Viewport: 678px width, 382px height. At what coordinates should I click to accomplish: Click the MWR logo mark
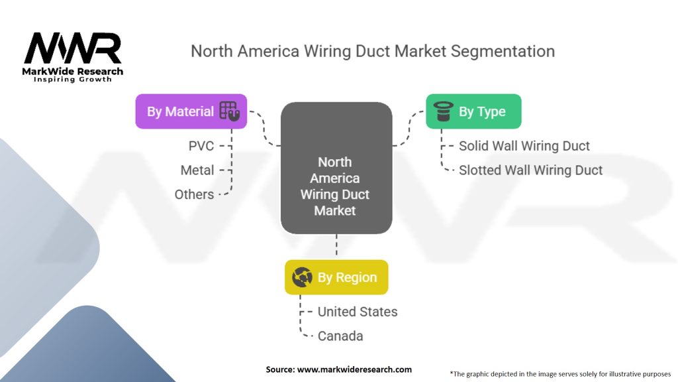coord(73,48)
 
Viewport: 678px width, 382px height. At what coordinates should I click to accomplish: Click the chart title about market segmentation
coord(372,51)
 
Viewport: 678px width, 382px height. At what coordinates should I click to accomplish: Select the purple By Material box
coord(191,111)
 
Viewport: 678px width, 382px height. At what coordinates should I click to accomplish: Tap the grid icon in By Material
coord(228,111)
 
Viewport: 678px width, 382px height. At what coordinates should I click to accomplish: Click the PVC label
coord(201,146)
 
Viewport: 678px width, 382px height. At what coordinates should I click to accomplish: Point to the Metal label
coord(197,170)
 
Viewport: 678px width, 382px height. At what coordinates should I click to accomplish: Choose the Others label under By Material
coord(194,194)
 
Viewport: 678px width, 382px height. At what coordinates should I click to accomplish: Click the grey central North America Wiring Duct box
coord(336,168)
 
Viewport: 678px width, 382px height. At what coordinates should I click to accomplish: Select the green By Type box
coord(473,111)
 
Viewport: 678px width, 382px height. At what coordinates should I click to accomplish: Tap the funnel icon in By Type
coord(442,111)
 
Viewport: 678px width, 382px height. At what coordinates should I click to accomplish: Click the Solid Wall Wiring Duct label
coord(524,146)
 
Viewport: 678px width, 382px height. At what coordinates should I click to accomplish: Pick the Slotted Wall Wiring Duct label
coord(530,170)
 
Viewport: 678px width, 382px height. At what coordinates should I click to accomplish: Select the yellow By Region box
coord(336,277)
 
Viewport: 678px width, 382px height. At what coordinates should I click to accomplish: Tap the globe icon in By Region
coord(303,277)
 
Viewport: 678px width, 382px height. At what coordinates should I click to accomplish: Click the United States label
coord(358,312)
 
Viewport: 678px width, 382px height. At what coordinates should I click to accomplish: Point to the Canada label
coord(340,336)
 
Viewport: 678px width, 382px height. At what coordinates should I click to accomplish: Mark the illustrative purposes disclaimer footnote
coord(560,373)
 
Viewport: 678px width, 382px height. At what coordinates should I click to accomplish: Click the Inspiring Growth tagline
coord(73,80)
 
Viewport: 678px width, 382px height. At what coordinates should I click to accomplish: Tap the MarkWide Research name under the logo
coord(73,71)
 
